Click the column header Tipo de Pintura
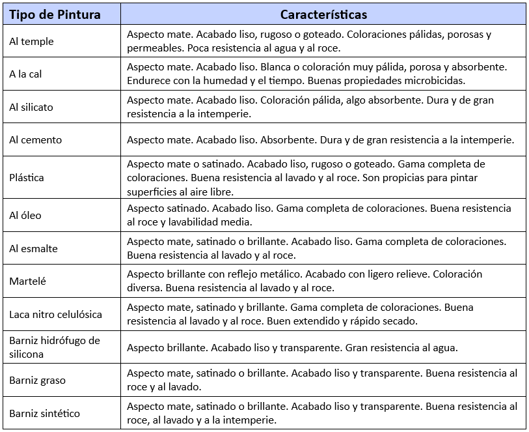(x=55, y=14)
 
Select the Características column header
(x=323, y=14)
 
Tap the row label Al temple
(x=31, y=42)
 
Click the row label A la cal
(x=25, y=74)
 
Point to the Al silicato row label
(x=31, y=107)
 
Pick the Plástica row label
(x=27, y=177)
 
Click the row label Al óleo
(x=25, y=215)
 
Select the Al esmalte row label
(x=33, y=248)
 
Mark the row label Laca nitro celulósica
(x=55, y=314)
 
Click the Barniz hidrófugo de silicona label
(x=54, y=347)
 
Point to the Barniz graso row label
(x=37, y=380)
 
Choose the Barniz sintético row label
(x=44, y=413)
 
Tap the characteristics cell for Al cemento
(x=321, y=139)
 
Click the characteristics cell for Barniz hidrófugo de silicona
(x=292, y=347)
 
